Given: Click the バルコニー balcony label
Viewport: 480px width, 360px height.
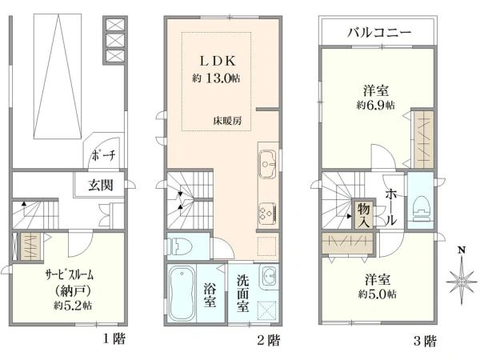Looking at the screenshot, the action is (379, 32).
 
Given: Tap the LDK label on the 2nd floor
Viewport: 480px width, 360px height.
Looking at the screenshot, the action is (218, 61).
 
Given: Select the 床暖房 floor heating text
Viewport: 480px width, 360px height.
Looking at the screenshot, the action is (227, 121).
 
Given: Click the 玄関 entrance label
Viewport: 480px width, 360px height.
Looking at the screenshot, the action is (101, 185).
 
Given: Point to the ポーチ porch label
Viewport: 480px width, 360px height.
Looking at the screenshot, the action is (103, 155).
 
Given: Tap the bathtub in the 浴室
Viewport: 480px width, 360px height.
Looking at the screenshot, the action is (182, 293).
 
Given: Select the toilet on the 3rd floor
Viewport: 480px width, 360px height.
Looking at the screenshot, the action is (421, 208).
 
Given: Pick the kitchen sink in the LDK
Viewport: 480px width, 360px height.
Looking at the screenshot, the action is (268, 164).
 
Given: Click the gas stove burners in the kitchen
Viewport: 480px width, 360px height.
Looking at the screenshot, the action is (267, 213).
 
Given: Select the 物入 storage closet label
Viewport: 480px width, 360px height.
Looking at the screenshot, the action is (364, 215).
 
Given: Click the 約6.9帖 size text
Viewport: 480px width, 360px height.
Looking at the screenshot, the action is (376, 105).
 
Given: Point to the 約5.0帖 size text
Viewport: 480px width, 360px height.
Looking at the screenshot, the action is (378, 294).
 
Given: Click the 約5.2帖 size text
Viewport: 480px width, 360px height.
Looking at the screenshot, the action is (73, 306).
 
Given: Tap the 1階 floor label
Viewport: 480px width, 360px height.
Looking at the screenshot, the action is (114, 339).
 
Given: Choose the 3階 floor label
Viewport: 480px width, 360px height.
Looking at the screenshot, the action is (425, 341).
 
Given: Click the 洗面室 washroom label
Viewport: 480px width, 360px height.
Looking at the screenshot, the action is (242, 294).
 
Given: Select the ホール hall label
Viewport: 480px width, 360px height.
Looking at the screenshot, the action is (390, 206).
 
